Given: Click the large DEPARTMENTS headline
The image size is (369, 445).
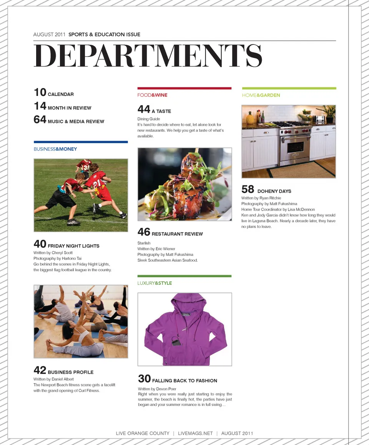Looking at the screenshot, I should pyautogui.click(x=148, y=56).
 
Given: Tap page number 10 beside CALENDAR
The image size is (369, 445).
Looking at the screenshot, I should pyautogui.click(x=40, y=92).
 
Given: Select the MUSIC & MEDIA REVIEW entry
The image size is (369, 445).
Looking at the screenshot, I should pyautogui.click(x=76, y=122).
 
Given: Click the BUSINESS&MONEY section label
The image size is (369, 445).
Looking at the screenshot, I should pyautogui.click(x=55, y=149).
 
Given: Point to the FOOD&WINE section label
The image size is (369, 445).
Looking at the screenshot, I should pyautogui.click(x=152, y=95).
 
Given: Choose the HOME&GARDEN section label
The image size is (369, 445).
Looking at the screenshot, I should pyautogui.click(x=261, y=95).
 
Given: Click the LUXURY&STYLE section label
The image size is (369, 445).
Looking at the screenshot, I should pyautogui.click(x=155, y=283).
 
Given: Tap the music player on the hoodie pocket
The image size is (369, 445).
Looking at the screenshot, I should pyautogui.click(x=176, y=341).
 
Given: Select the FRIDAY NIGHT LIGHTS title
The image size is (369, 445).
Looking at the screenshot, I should pyautogui.click(x=73, y=246).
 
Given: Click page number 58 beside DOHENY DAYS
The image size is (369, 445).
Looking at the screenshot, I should pyautogui.click(x=248, y=189).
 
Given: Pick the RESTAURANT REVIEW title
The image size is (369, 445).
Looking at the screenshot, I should pyautogui.click(x=177, y=234).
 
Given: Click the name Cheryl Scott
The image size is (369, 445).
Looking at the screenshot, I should pyautogui.click(x=62, y=253).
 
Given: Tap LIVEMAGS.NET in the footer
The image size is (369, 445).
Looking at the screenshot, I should pyautogui.click(x=195, y=433).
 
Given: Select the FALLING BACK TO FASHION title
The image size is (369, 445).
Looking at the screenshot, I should pyautogui.click(x=184, y=381).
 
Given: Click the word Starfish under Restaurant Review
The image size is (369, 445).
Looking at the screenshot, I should pyautogui.click(x=144, y=243).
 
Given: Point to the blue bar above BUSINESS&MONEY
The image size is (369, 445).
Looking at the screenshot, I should pyautogui.click(x=81, y=142).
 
